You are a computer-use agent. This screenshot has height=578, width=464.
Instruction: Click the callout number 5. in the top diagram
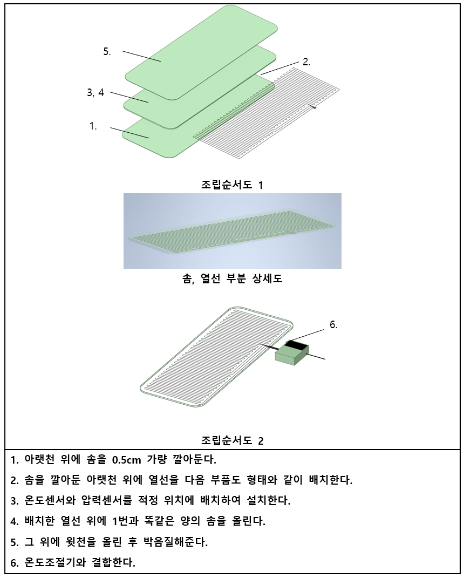[x=107, y=52]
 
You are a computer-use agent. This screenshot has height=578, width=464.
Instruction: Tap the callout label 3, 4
[x=95, y=92]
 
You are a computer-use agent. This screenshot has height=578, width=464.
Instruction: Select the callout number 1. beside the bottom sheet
[x=93, y=126]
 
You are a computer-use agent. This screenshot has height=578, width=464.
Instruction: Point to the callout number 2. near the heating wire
[x=306, y=62]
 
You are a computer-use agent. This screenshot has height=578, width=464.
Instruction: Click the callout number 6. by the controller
[x=333, y=325]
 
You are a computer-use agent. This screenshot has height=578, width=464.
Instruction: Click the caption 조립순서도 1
[x=232, y=185]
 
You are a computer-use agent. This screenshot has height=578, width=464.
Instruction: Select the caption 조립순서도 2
[x=232, y=440]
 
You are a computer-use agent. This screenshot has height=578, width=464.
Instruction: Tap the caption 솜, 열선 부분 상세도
[x=232, y=278]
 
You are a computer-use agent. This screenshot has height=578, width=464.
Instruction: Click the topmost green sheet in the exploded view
[x=201, y=52]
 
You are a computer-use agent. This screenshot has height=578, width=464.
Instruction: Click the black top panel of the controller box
[x=297, y=345]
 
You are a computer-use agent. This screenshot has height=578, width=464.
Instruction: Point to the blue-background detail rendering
[x=232, y=231]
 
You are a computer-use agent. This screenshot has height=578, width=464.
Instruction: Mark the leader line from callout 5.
[x=141, y=56]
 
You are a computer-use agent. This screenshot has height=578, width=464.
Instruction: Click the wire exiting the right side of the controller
[x=317, y=356]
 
